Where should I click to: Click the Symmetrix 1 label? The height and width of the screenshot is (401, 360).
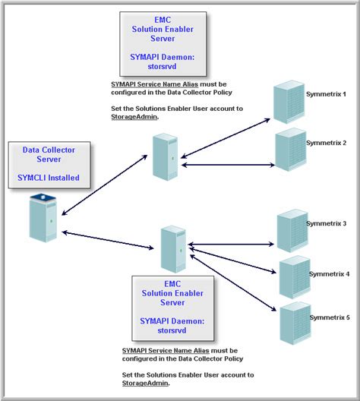(x=326, y=94)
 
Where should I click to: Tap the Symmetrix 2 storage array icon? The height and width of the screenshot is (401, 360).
(x=291, y=150)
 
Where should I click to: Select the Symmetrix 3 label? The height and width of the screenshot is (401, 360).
(x=327, y=223)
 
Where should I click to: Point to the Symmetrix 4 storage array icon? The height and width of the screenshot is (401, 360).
(x=295, y=277)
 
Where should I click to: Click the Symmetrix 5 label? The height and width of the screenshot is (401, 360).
(x=330, y=317)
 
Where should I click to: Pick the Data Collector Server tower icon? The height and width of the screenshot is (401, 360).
(x=43, y=218)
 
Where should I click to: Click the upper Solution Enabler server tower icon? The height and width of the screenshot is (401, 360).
(x=165, y=156)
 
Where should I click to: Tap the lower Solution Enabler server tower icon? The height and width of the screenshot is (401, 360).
(x=173, y=249)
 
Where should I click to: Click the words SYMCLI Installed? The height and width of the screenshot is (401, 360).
(x=49, y=178)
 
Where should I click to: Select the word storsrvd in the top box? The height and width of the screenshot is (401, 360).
(x=162, y=66)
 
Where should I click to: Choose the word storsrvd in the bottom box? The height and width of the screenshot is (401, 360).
(x=172, y=330)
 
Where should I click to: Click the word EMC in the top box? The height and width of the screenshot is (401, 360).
(x=163, y=20)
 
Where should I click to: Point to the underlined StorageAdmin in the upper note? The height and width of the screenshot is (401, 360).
(x=134, y=117)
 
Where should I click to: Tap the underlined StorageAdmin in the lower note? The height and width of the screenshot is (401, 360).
(x=145, y=383)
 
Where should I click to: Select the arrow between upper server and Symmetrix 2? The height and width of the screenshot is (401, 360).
(x=228, y=165)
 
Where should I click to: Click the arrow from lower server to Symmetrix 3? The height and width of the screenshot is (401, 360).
(x=231, y=245)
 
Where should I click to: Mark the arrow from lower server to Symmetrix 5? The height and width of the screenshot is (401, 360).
(x=233, y=283)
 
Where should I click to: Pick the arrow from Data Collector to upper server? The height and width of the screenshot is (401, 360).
(x=105, y=185)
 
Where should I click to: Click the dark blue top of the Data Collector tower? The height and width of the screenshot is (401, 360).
(x=43, y=197)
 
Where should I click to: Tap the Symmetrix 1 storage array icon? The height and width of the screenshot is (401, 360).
(x=289, y=102)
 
